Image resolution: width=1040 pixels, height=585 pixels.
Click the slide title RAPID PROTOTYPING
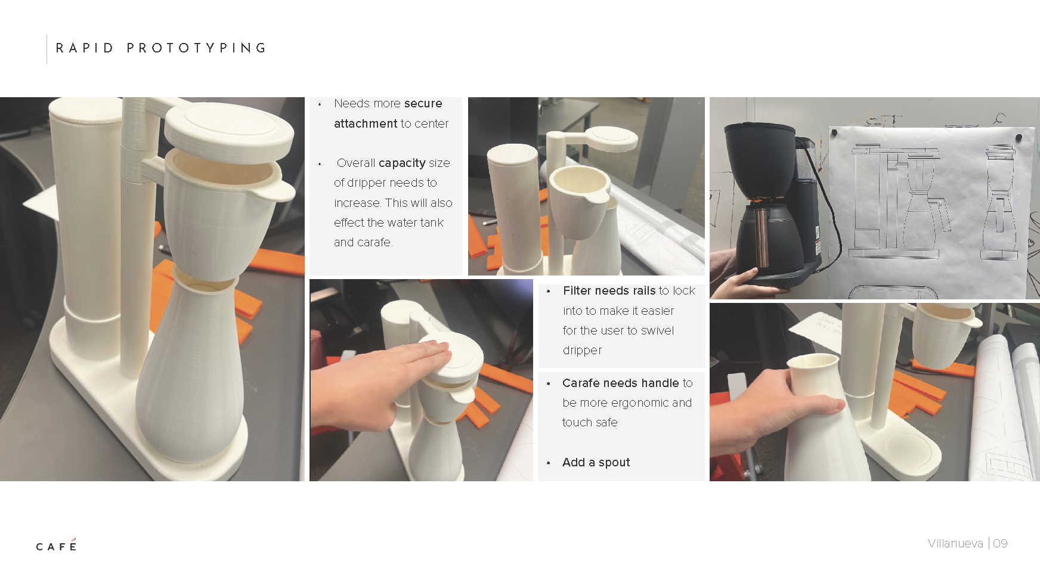[x=161, y=48]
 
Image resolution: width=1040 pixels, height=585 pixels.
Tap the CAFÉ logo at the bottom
[x=56, y=545]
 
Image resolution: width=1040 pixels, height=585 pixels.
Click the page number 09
[x=1001, y=543]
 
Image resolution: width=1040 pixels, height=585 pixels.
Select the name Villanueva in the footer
[x=955, y=543]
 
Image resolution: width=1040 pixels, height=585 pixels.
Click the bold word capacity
[x=402, y=163]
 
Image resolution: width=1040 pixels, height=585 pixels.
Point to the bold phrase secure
[x=423, y=104]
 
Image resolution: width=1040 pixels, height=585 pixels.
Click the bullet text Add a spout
[x=596, y=462]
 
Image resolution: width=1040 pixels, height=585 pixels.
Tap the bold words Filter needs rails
[x=609, y=290]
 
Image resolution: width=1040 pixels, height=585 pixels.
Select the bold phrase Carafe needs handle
[x=620, y=383]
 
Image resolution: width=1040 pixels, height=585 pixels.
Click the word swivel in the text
[x=657, y=330]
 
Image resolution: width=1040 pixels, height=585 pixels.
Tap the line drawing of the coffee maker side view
[x=897, y=200]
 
